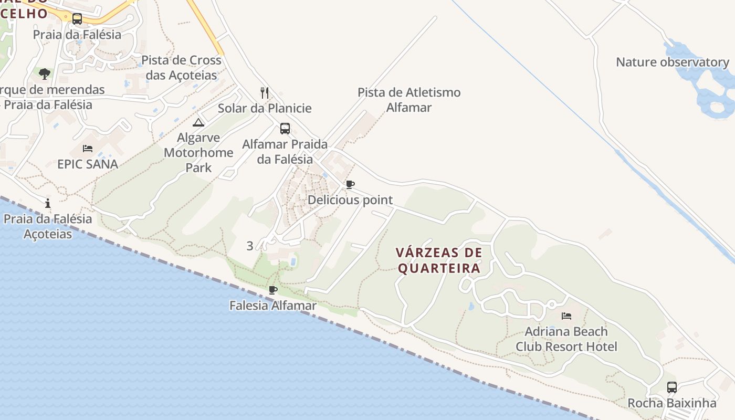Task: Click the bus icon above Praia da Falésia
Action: pyautogui.click(x=77, y=19)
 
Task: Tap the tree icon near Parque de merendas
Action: pyautogui.click(x=45, y=73)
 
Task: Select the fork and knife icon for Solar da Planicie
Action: pyautogui.click(x=265, y=93)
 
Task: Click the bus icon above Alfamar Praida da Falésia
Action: pyautogui.click(x=285, y=128)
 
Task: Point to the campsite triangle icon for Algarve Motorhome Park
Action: pyautogui.click(x=198, y=123)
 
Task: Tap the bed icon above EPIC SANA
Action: pyautogui.click(x=88, y=149)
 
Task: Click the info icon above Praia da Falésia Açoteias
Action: pyautogui.click(x=48, y=203)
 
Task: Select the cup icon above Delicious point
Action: pyautogui.click(x=350, y=184)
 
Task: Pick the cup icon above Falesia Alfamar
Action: pyautogui.click(x=273, y=290)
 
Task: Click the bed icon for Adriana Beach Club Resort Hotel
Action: pyautogui.click(x=566, y=316)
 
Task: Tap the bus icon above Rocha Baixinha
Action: pyautogui.click(x=672, y=387)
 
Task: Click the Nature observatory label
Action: pyautogui.click(x=673, y=62)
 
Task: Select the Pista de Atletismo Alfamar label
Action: pyautogui.click(x=409, y=100)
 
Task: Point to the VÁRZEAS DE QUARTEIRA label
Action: pyautogui.click(x=439, y=260)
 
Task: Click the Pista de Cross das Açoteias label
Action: pyautogui.click(x=182, y=68)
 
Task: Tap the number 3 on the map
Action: pyautogui.click(x=250, y=246)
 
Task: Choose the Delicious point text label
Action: pyautogui.click(x=350, y=200)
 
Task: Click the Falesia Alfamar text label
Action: pyautogui.click(x=273, y=306)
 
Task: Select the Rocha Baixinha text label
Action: pyautogui.click(x=672, y=403)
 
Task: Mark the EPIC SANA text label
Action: pyautogui.click(x=88, y=164)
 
